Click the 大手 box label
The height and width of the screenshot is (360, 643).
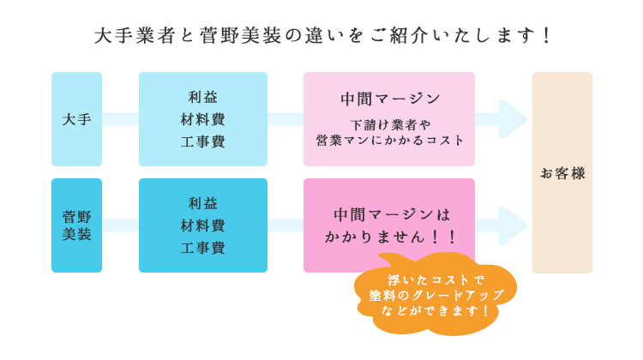coord(76,119)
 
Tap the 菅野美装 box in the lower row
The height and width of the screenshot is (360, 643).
coord(76,225)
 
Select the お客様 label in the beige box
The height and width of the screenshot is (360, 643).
coord(562,173)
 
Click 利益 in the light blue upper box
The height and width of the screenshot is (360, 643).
coord(203,97)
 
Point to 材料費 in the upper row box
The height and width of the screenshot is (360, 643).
coord(203,119)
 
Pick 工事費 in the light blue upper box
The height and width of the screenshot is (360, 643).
coord(203,141)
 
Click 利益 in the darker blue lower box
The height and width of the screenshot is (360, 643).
coord(203,203)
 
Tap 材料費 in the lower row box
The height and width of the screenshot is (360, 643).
coord(203,225)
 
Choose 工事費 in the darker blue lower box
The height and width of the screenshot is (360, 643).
coord(203,248)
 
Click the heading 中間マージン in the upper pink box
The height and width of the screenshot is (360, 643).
coord(390,99)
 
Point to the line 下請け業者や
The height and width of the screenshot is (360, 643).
coord(390,124)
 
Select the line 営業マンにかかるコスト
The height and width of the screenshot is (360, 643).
coord(389,141)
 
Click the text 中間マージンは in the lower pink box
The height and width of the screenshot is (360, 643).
coord(392,214)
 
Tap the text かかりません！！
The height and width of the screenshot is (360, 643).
coord(390,237)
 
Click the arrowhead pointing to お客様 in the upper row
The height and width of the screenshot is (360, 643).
coord(513,119)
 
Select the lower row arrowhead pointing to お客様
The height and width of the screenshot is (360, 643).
coord(513,225)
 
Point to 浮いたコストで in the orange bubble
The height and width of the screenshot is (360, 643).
coord(436,280)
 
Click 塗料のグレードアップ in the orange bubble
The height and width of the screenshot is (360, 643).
coord(436,295)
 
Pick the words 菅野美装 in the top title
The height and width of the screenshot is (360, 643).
coord(241,36)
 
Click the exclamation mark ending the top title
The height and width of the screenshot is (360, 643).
coord(546,36)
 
